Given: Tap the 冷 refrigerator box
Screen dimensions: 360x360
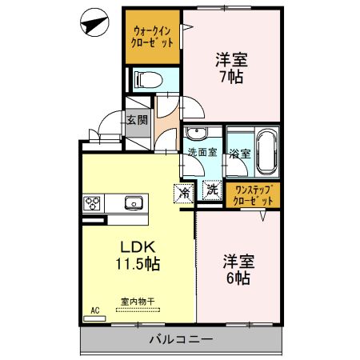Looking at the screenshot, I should click(x=184, y=191).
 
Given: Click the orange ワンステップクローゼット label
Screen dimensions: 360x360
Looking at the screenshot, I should click(x=252, y=194).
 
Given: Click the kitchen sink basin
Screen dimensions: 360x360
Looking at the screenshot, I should click(x=134, y=203).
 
